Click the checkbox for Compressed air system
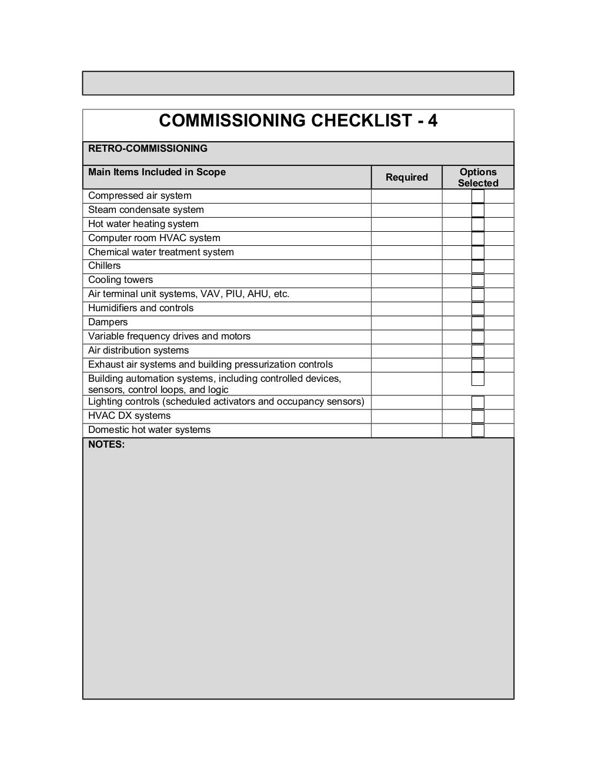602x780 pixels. click(x=478, y=196)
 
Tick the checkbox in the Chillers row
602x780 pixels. click(x=478, y=266)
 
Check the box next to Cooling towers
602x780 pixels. click(x=478, y=281)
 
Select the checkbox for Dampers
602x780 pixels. click(x=478, y=323)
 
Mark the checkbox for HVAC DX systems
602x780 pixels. click(x=478, y=416)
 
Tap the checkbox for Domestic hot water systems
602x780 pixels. click(x=478, y=431)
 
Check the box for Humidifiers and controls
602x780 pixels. click(x=478, y=309)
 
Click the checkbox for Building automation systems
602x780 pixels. click(x=478, y=379)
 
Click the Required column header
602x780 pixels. click(x=406, y=177)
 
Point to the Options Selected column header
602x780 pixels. click(x=478, y=177)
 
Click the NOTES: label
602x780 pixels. click(x=106, y=445)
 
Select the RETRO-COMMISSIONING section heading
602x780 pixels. click(x=148, y=149)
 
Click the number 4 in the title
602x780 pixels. click(x=432, y=121)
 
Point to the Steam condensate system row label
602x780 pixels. click(x=146, y=210)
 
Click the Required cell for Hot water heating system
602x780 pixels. click(x=406, y=224)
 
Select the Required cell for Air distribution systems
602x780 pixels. click(x=406, y=351)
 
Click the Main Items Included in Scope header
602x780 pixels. click(x=157, y=172)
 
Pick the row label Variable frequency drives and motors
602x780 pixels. click(x=169, y=336)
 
